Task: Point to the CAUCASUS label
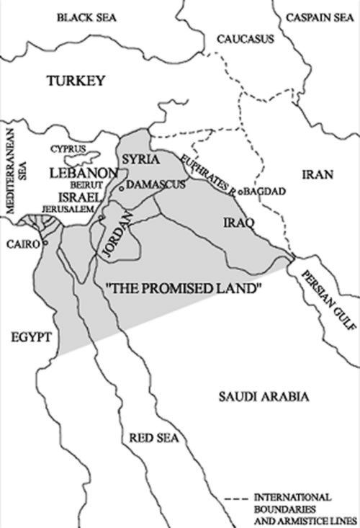click(246, 38)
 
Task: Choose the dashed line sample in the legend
click(238, 498)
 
